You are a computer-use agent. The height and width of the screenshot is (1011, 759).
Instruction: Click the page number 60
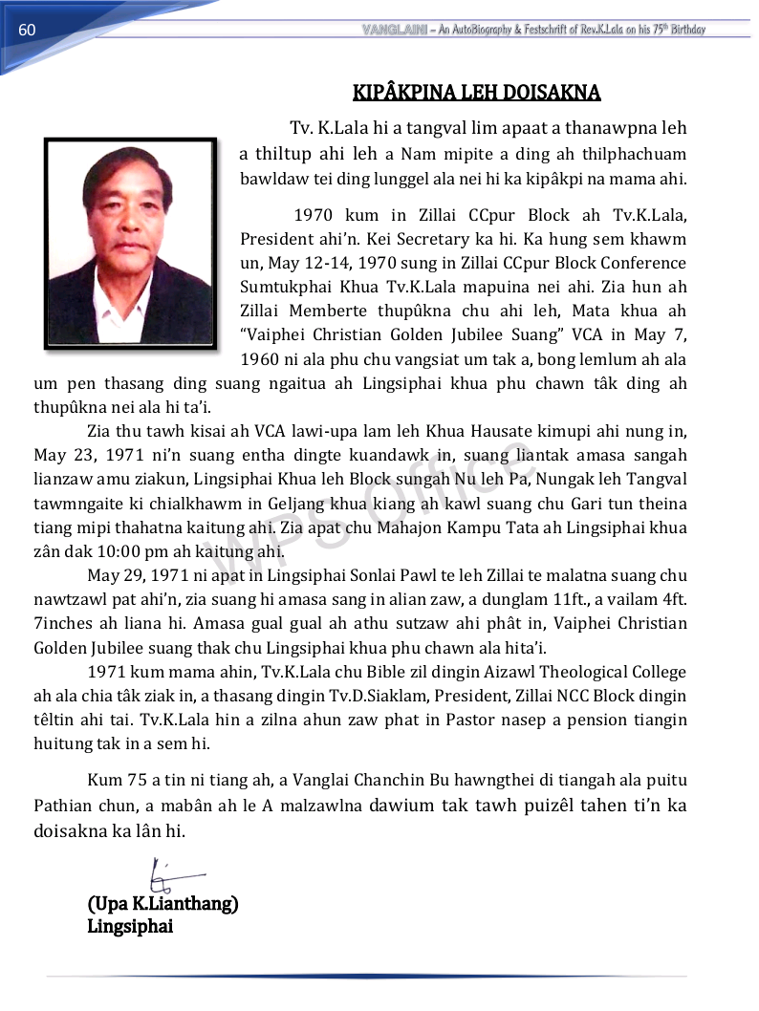coord(27,30)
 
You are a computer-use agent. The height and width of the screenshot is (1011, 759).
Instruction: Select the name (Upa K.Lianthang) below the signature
coord(163,903)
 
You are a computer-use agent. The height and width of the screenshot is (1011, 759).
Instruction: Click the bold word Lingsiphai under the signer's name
coord(130,926)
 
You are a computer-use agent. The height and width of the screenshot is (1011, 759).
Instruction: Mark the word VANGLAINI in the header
coord(394,30)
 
